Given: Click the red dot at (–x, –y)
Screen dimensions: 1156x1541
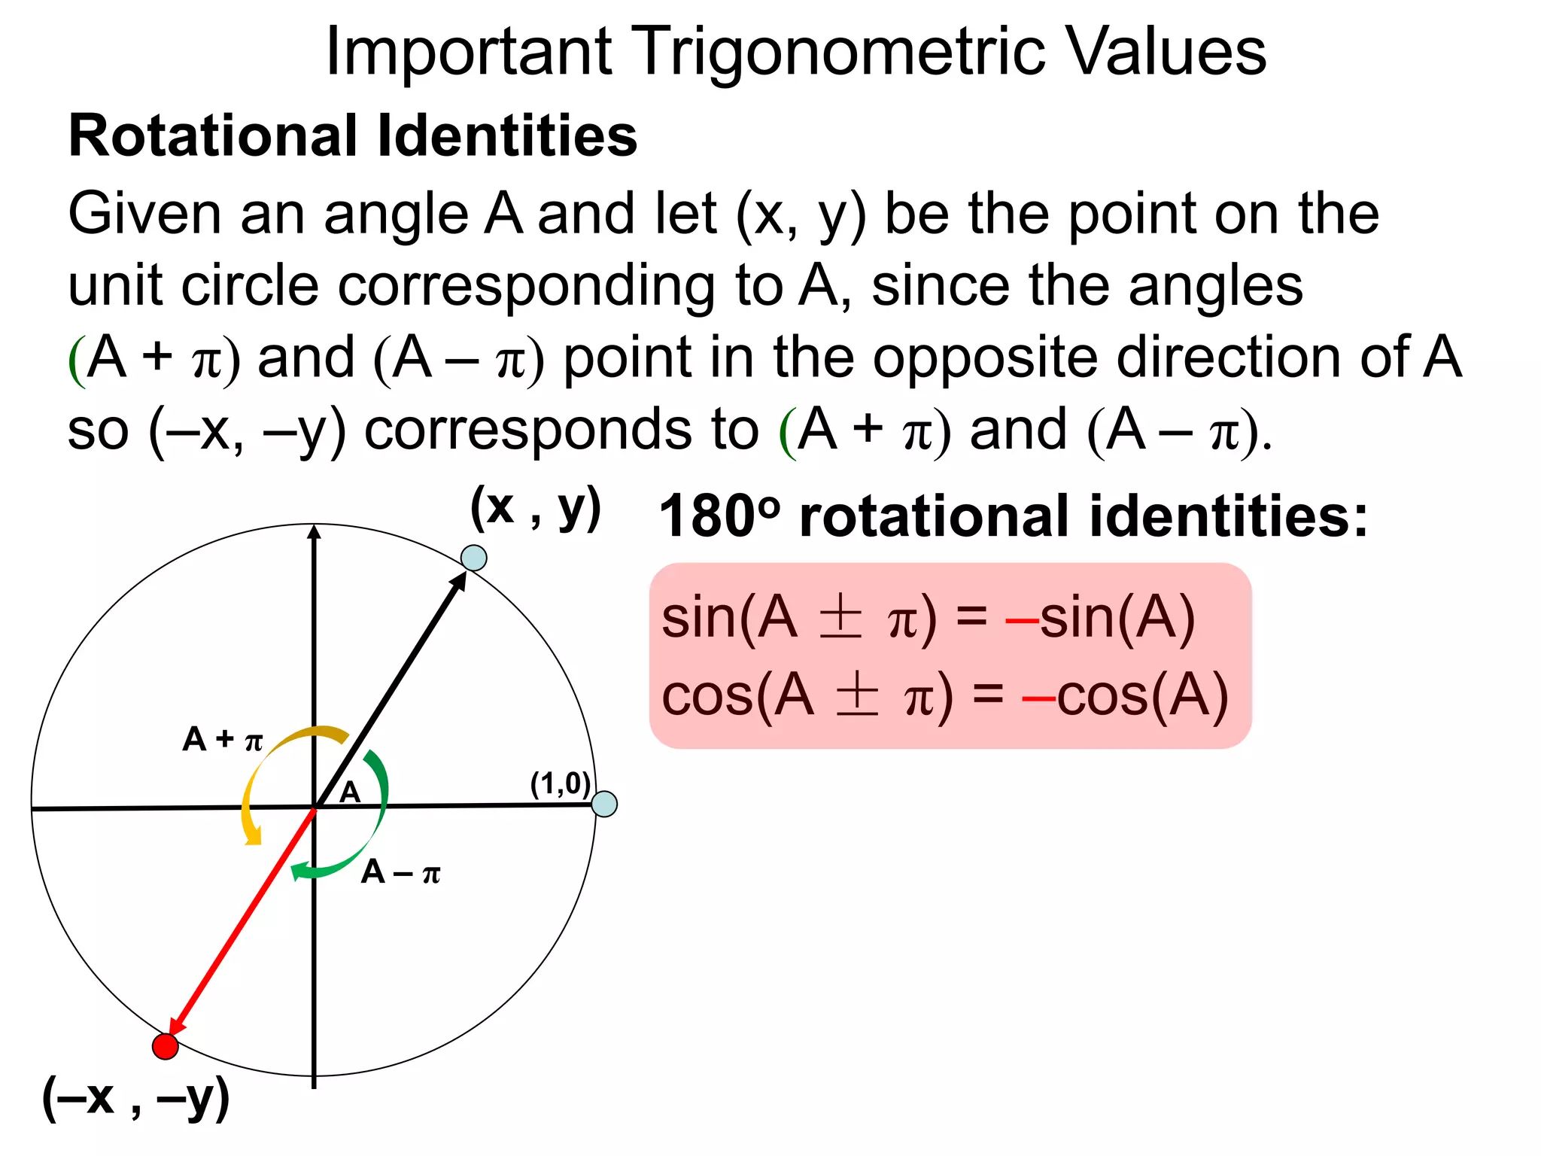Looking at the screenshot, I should click(165, 1045).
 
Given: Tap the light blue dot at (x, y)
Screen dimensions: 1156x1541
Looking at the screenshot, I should click(473, 558).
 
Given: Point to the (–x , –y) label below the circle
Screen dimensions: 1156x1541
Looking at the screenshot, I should click(135, 1098).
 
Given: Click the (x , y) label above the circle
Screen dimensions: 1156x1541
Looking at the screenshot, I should click(535, 509).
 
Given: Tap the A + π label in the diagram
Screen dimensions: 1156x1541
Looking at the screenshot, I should click(223, 740).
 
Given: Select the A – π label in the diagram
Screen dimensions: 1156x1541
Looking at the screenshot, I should click(400, 872).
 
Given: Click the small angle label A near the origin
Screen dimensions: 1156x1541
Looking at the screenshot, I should click(350, 792).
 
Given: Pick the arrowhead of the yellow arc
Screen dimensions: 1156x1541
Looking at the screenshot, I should click(254, 837).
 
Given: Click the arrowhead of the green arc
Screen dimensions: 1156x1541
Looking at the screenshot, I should click(299, 872).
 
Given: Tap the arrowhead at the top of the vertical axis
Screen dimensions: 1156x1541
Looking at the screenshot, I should click(315, 531).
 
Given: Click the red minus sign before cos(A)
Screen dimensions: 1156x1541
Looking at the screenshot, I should click(1038, 698).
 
